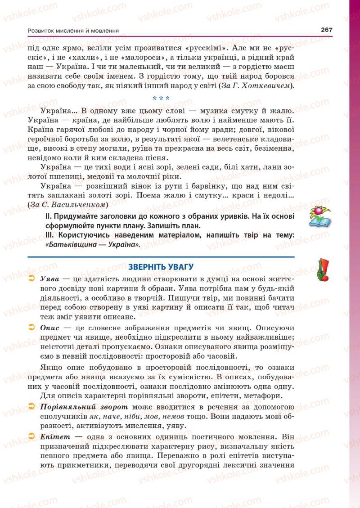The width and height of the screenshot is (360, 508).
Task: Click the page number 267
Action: (326, 30)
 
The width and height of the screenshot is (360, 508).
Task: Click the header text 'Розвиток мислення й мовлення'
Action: (73, 31)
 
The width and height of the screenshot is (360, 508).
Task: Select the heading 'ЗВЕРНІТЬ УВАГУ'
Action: (161, 266)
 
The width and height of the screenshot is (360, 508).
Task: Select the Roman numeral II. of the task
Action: (49, 216)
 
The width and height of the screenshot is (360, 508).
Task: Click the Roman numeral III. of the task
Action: (50, 235)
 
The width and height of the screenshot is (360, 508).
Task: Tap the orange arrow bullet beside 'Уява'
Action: (31, 279)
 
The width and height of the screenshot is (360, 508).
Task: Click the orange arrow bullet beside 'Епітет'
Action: (31, 436)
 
